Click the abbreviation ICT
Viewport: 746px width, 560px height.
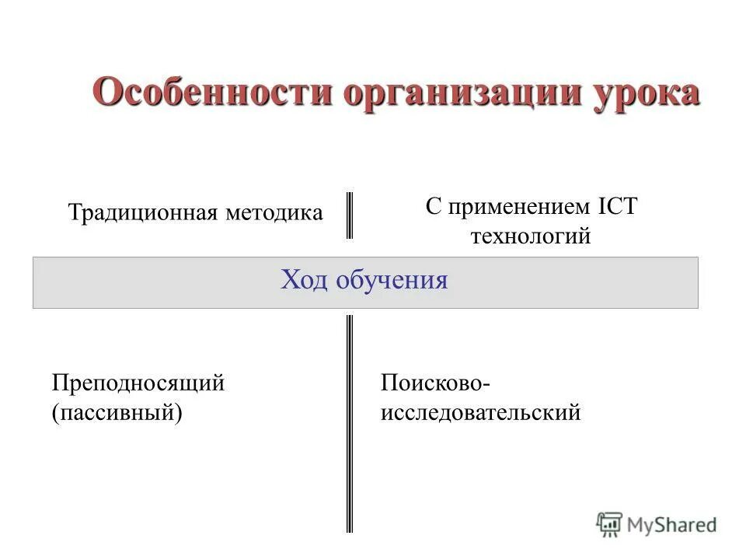coord(618,207)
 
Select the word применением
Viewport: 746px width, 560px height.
coord(521,207)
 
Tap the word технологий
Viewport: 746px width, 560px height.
coord(531,236)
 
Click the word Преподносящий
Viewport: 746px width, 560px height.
coord(138,383)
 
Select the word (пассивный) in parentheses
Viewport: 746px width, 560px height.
coord(117,412)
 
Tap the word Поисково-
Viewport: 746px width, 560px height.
coord(435,383)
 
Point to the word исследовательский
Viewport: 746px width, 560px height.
coord(480,412)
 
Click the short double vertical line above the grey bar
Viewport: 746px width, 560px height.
coord(349,215)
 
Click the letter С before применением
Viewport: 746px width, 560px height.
coord(433,207)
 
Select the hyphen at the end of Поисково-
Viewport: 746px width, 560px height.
coord(487,384)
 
